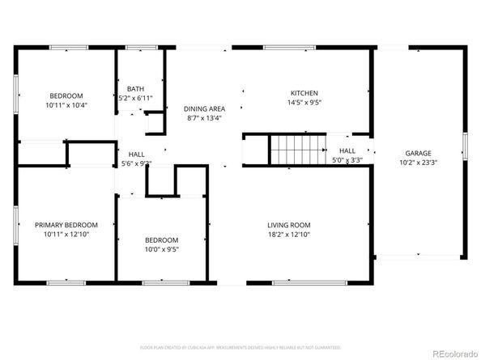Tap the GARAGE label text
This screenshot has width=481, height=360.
coord(418,153)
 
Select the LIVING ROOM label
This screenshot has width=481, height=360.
coord(289,225)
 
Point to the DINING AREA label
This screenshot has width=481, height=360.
coord(204,108)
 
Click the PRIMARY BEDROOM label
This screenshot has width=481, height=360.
coord(66,225)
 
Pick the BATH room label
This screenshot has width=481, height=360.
coord(134,88)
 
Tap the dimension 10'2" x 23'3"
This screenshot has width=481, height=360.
coord(418,163)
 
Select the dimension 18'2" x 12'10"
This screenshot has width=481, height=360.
coord(289,235)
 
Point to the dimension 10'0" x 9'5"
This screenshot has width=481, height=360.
coord(161,249)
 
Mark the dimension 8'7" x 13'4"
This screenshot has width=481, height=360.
coord(204,118)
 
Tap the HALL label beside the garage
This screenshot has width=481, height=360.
coord(347,150)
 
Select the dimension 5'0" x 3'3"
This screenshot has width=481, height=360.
coord(347,159)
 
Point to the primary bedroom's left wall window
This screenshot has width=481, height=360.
coord(16,224)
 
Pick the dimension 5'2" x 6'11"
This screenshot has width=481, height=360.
coord(134,98)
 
